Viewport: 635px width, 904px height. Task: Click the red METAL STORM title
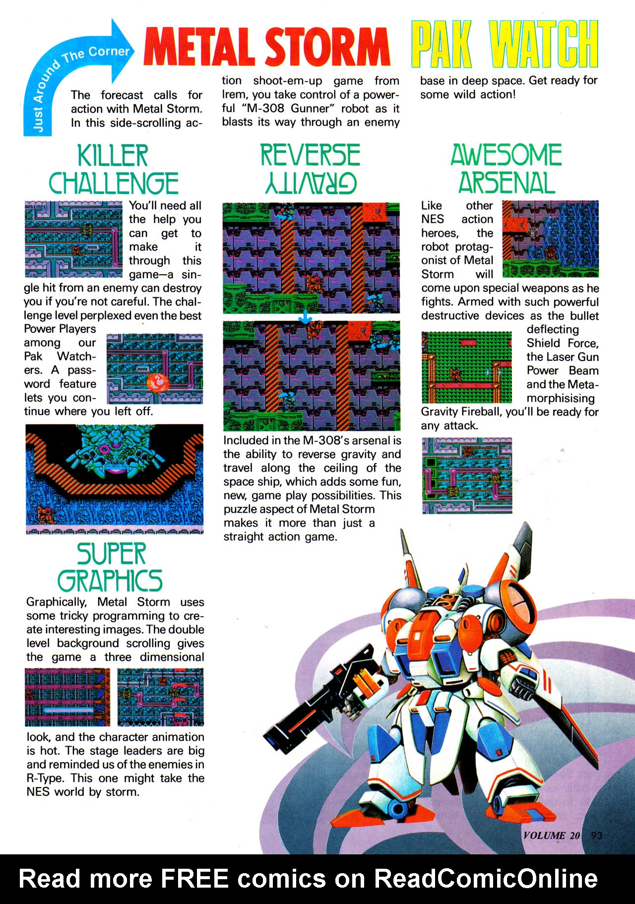(x=266, y=47)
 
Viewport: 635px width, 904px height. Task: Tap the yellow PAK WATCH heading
(x=504, y=45)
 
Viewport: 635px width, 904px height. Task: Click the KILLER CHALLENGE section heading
(x=113, y=169)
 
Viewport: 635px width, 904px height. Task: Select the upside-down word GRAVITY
(x=311, y=183)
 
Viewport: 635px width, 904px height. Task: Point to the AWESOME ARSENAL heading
(x=506, y=169)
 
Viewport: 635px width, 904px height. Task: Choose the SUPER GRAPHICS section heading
(x=111, y=567)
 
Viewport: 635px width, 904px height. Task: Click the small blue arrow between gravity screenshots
(x=305, y=318)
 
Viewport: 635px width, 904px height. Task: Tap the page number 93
(x=596, y=835)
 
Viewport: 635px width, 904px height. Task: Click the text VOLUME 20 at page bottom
(x=551, y=835)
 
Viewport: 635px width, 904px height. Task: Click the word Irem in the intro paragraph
(x=234, y=95)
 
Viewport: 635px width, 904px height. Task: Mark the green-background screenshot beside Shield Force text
(x=466, y=367)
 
